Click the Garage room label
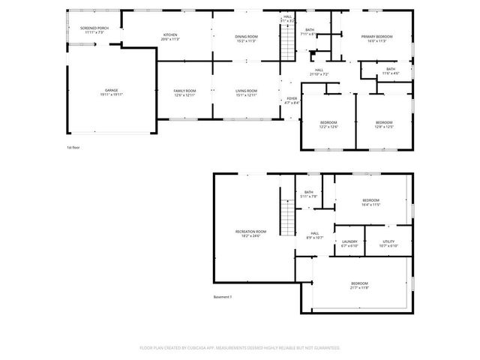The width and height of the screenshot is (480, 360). pyautogui.click(x=111, y=90)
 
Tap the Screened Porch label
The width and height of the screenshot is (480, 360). pyautogui.click(x=94, y=28)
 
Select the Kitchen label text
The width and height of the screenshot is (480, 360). pyautogui.click(x=172, y=35)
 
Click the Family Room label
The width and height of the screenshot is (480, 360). pyautogui.click(x=184, y=90)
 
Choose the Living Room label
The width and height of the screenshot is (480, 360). pyautogui.click(x=247, y=90)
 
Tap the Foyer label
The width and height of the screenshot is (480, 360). pyautogui.click(x=292, y=98)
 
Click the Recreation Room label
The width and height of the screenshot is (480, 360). pyautogui.click(x=250, y=232)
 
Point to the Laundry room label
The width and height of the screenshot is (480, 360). pyautogui.click(x=349, y=241)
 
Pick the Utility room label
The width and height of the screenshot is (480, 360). pyautogui.click(x=388, y=241)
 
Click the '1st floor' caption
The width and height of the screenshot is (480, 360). pyautogui.click(x=73, y=147)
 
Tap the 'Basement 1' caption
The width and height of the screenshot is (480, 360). pyautogui.click(x=223, y=297)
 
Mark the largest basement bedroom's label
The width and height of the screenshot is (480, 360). pyautogui.click(x=359, y=283)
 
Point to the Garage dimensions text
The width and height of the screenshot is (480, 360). pyautogui.click(x=111, y=95)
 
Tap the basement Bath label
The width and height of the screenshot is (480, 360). pyautogui.click(x=308, y=192)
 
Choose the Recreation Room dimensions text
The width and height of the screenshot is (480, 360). pyautogui.click(x=250, y=237)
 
